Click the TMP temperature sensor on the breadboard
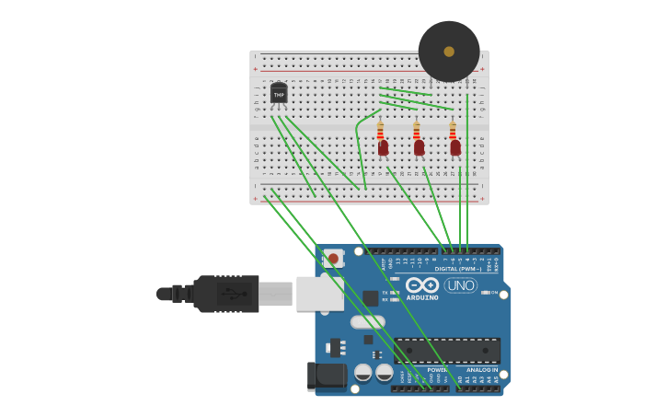point(279,94)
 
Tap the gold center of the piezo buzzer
point(449,52)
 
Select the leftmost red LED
point(383,147)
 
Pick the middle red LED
point(419,147)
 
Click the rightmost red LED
point(454,147)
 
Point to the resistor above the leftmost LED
point(380,130)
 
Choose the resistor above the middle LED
point(416,130)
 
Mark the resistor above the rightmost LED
point(452,130)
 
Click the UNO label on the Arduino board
point(460,285)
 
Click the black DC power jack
point(327,375)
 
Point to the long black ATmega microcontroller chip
point(447,351)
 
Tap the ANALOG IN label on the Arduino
point(481,370)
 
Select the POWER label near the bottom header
point(437,370)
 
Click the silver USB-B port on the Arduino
point(318,292)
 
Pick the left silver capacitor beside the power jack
point(363,373)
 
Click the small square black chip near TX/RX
point(370,297)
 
